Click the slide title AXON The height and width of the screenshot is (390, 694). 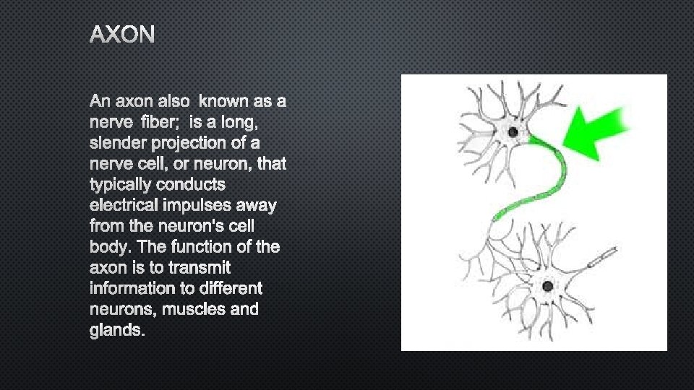122,34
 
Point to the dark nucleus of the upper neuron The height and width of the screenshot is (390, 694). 513,132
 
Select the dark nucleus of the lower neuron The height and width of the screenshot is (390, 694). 547,287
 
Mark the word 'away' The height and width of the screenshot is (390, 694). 257,206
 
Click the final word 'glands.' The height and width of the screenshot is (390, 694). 118,331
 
